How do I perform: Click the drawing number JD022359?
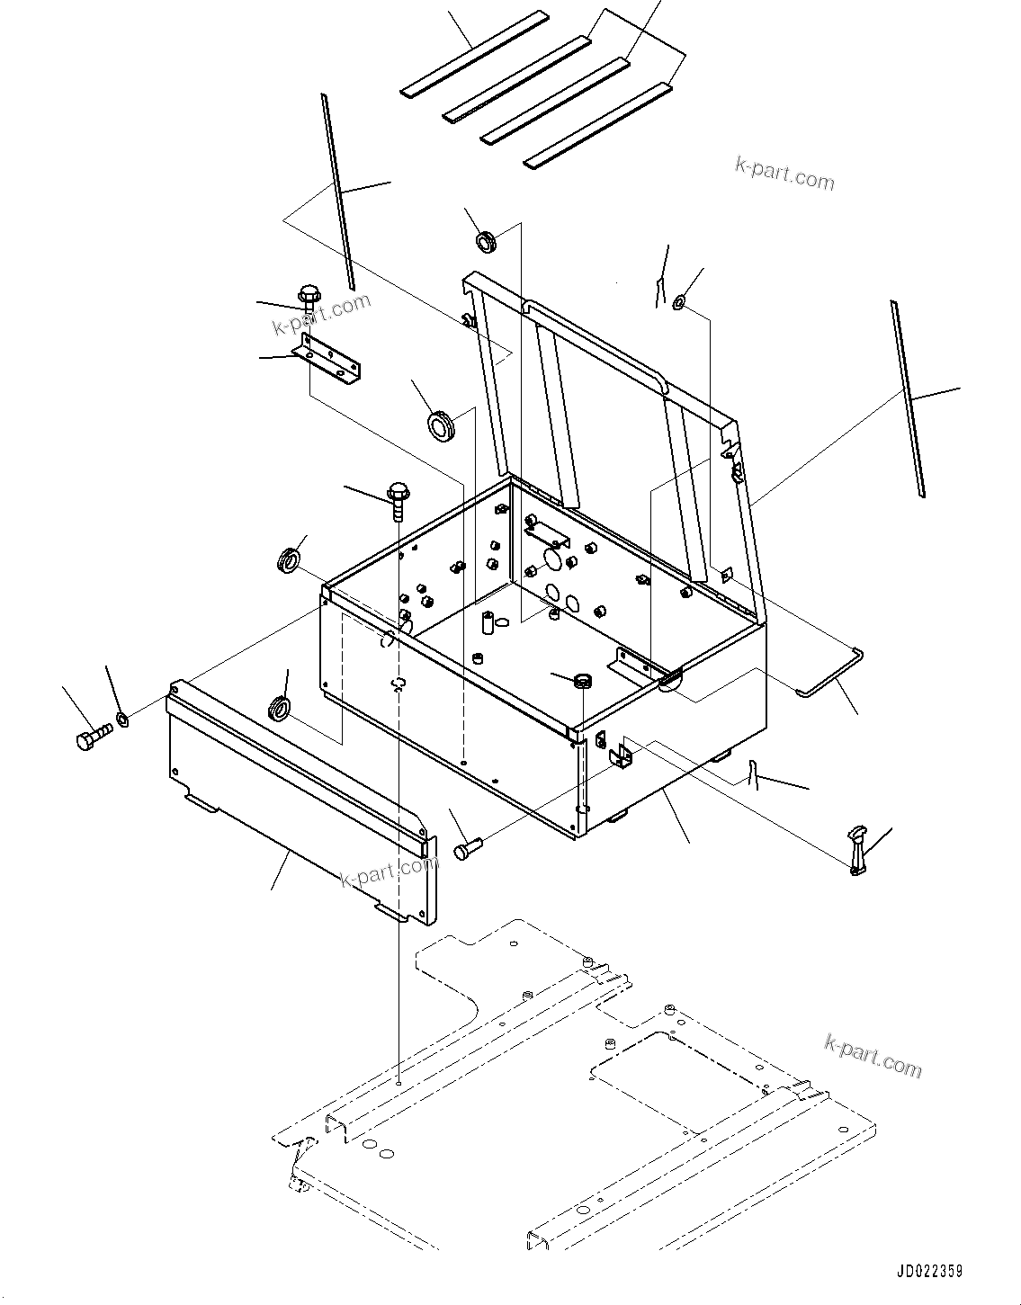(929, 1271)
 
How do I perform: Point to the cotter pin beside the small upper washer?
(659, 291)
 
